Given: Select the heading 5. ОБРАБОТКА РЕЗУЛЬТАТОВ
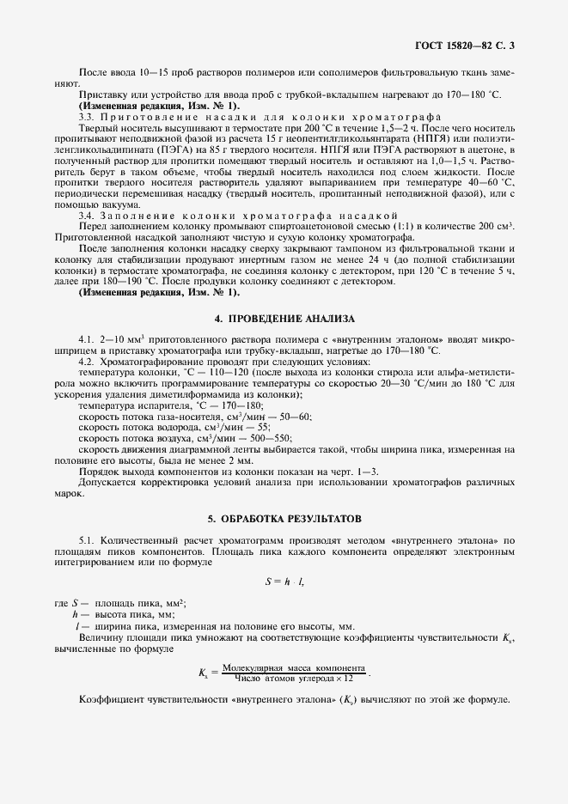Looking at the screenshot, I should coord(284,520).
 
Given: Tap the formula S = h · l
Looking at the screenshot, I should coord(284,582).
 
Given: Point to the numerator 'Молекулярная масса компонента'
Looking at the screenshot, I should coord(294,667).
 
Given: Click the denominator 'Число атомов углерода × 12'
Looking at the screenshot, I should coord(294,679).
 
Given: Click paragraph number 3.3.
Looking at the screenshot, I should coord(86,116).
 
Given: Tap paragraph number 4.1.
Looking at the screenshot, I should coord(86,340).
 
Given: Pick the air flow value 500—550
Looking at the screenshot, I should coord(268,437).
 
